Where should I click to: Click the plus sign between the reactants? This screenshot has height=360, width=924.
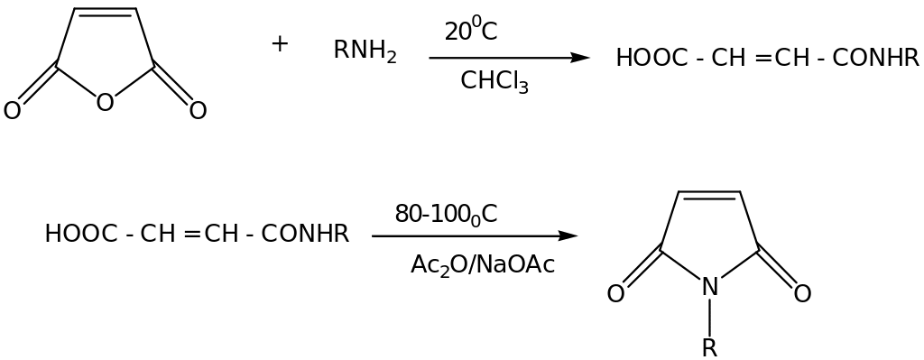click(280, 43)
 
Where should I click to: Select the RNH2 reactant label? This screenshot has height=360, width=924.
click(365, 51)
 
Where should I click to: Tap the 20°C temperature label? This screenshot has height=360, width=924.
click(470, 32)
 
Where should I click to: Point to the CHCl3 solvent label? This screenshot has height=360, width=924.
click(494, 81)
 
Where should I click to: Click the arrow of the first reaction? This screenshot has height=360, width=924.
click(509, 58)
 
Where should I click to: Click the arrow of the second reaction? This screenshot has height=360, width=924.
click(474, 236)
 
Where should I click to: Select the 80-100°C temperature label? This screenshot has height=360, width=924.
click(446, 215)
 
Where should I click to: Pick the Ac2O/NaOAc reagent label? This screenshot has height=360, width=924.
click(483, 264)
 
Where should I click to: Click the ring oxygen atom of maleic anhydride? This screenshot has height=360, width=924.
click(105, 102)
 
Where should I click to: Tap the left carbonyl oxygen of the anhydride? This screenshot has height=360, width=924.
click(12, 111)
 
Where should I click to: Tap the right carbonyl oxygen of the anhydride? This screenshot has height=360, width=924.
click(199, 111)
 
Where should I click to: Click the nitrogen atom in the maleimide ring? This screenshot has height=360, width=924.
click(710, 288)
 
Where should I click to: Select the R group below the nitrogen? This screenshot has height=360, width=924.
click(710, 347)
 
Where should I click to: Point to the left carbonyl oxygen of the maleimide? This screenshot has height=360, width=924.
click(615, 293)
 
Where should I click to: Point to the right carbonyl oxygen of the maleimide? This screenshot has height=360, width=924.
click(803, 293)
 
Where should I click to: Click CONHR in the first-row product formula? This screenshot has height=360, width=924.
click(875, 59)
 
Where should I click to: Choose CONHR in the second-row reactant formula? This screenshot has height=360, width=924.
click(305, 235)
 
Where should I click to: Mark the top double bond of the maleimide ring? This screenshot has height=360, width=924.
click(710, 193)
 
